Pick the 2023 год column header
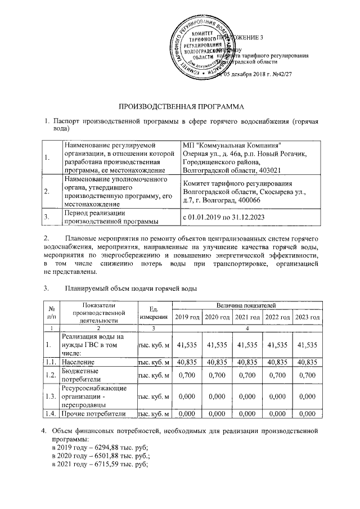[x=307, y=318]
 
